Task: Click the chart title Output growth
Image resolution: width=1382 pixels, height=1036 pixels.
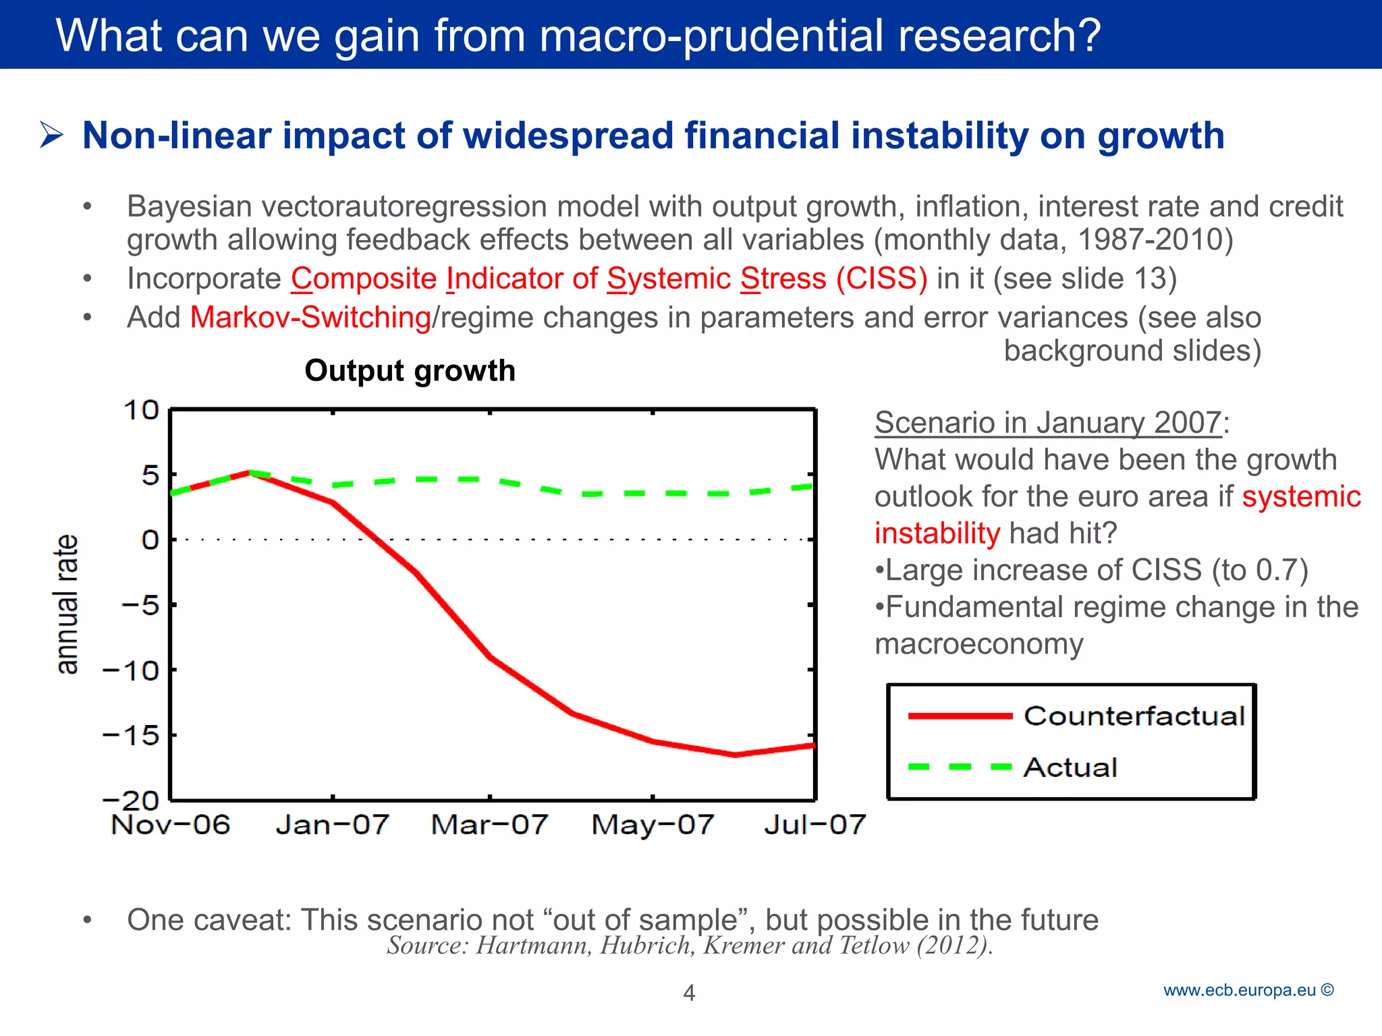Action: coord(410,371)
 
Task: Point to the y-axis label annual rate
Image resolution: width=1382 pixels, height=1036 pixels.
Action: coord(67,604)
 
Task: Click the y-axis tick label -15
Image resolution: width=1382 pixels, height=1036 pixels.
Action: coord(131,735)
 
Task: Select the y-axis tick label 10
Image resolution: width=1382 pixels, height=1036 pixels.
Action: coord(141,410)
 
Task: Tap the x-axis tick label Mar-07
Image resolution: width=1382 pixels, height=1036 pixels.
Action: coord(489,825)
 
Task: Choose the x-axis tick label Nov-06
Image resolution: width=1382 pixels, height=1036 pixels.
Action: coord(171,825)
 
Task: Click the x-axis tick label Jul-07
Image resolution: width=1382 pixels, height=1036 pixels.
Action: coord(814,825)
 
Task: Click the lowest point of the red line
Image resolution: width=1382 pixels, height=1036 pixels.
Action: coord(735,755)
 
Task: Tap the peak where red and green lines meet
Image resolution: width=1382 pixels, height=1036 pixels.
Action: coord(250,472)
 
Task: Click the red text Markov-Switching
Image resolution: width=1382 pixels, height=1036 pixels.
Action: coord(310,318)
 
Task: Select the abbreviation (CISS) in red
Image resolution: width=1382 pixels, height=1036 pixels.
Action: coord(881,279)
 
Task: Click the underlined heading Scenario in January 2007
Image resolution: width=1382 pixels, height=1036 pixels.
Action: coord(1047,423)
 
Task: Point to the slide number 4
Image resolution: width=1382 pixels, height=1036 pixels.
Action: coord(689,993)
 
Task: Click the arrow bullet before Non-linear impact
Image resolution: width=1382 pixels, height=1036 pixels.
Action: coord(51,135)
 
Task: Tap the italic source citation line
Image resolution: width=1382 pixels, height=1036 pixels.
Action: coord(690,946)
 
